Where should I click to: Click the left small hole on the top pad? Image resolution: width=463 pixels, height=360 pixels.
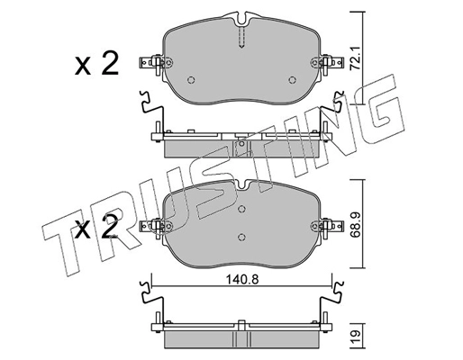pyautogui.click(x=191, y=79)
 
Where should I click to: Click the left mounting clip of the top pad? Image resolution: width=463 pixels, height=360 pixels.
pyautogui.click(x=152, y=65)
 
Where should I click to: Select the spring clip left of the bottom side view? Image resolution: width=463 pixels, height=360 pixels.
pyautogui.click(x=146, y=298)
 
